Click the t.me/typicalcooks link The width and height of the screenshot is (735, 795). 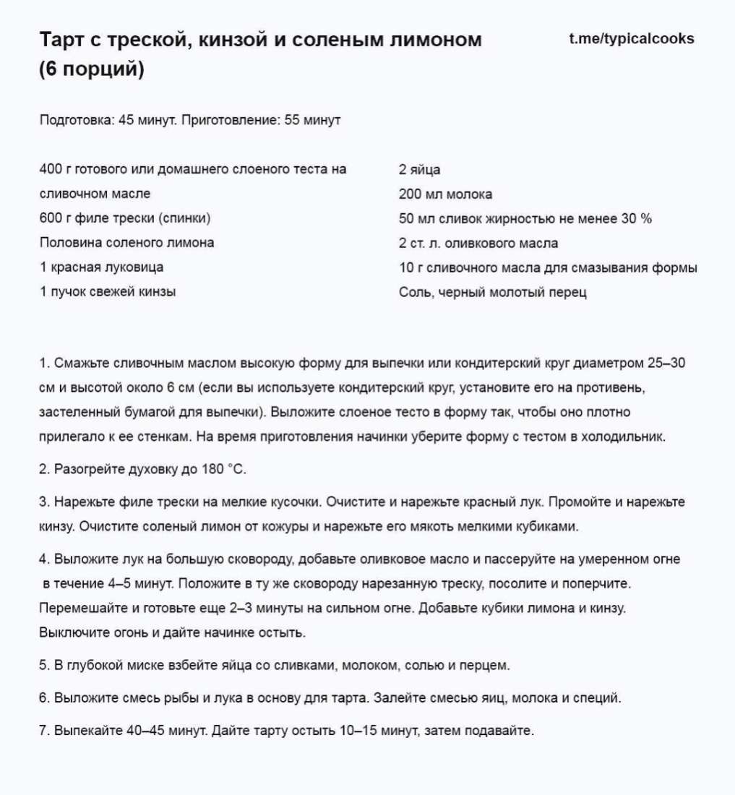point(631,39)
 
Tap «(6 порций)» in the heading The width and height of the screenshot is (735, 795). point(92,71)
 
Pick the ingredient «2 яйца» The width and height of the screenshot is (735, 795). point(419,170)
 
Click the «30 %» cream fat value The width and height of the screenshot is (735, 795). point(636,218)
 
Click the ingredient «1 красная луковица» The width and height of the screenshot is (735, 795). point(101,267)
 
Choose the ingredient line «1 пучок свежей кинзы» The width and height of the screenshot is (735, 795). point(108,292)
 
